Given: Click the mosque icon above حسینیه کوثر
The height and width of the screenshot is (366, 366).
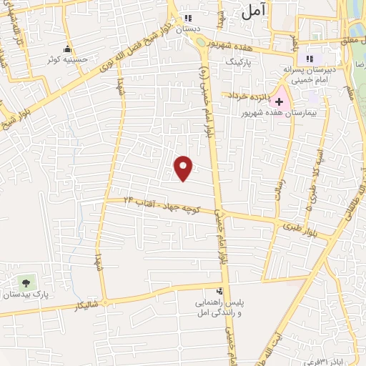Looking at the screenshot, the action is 67,49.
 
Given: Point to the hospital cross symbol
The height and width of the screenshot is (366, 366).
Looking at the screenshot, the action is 279,103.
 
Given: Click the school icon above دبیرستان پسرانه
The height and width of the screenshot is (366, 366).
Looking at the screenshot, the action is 310,59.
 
